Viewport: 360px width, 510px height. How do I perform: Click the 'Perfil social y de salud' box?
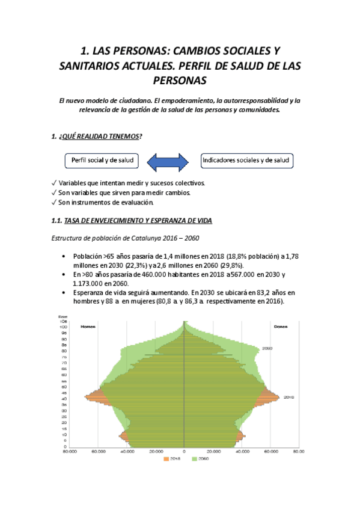[x=101, y=161]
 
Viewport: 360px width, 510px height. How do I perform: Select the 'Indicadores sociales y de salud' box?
[x=246, y=161]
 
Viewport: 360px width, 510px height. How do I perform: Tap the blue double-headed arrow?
[x=169, y=161]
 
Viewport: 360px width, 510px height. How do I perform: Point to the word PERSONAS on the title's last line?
[x=180, y=80]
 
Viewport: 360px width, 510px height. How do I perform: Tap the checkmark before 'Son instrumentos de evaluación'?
[x=55, y=202]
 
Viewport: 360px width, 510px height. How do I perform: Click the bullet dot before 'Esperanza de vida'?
[x=64, y=292]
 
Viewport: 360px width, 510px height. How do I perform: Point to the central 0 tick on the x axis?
[x=185, y=451]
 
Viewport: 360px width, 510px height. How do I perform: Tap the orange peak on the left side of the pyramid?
[x=89, y=396]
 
